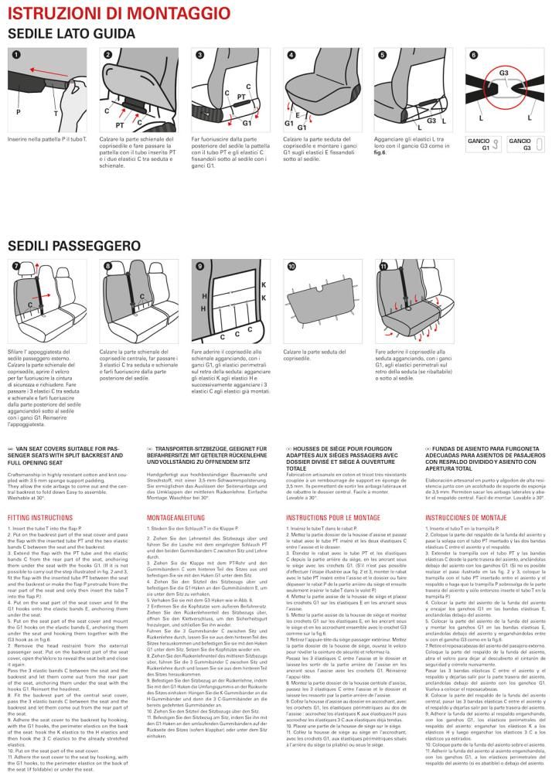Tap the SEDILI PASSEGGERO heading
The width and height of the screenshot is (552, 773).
(74, 246)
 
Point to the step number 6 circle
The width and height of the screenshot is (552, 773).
(473, 55)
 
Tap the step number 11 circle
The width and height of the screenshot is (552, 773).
(383, 266)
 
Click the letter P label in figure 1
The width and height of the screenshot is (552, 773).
(18, 112)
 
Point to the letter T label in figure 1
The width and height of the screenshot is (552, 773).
(55, 113)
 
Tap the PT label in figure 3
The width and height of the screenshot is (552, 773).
(240, 98)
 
